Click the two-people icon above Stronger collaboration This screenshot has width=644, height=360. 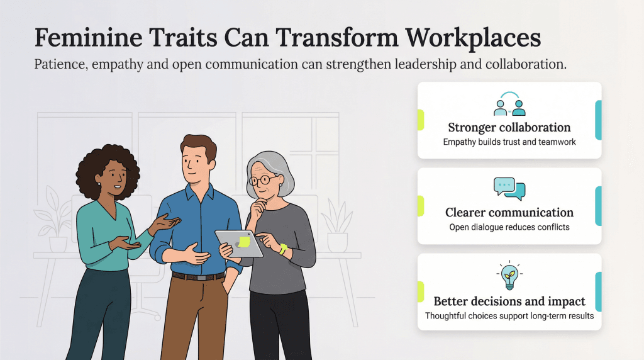pyautogui.click(x=509, y=104)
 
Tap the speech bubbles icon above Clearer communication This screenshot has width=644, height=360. pyautogui.click(x=509, y=188)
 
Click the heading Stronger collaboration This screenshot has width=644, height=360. pyautogui.click(x=509, y=127)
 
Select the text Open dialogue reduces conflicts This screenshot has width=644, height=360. pyautogui.click(x=509, y=227)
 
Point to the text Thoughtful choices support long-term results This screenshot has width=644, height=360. pyautogui.click(x=509, y=316)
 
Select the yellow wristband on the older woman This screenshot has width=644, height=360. pyautogui.click(x=283, y=249)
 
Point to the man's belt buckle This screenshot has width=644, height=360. pyautogui.click(x=201, y=277)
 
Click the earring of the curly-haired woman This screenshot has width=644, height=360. pyautogui.click(x=98, y=185)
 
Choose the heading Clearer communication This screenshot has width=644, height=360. pyautogui.click(x=509, y=213)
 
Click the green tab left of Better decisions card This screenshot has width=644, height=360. pyautogui.click(x=420, y=291)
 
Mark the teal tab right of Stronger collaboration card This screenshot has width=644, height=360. pyautogui.click(x=598, y=120)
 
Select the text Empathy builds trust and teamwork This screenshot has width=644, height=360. pyautogui.click(x=509, y=142)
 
